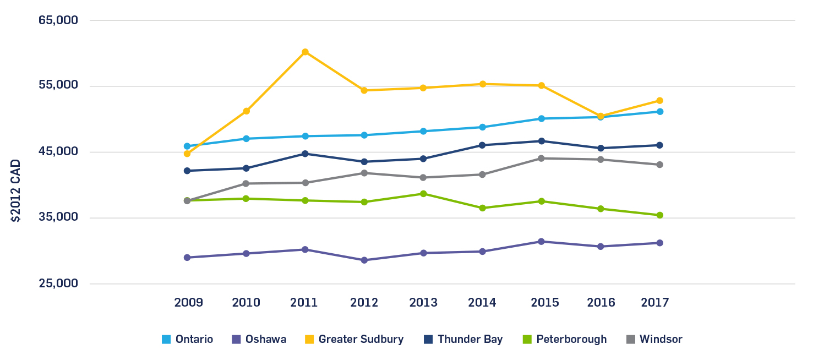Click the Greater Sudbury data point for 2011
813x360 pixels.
305,52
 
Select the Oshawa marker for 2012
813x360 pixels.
364,260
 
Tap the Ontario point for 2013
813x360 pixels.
423,131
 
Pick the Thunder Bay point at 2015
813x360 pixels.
542,141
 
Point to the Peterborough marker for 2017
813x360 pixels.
659,215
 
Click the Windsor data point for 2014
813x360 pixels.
483,174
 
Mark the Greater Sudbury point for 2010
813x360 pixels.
247,111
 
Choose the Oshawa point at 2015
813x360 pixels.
542,242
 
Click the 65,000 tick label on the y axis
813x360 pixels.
58,20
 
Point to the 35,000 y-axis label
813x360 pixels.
58,217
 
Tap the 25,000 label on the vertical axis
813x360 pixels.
58,283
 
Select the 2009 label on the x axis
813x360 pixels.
188,303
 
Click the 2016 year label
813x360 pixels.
601,303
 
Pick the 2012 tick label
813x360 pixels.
364,303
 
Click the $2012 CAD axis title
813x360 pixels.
16,190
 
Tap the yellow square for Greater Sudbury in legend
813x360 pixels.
309,340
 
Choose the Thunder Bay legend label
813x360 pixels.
470,340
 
